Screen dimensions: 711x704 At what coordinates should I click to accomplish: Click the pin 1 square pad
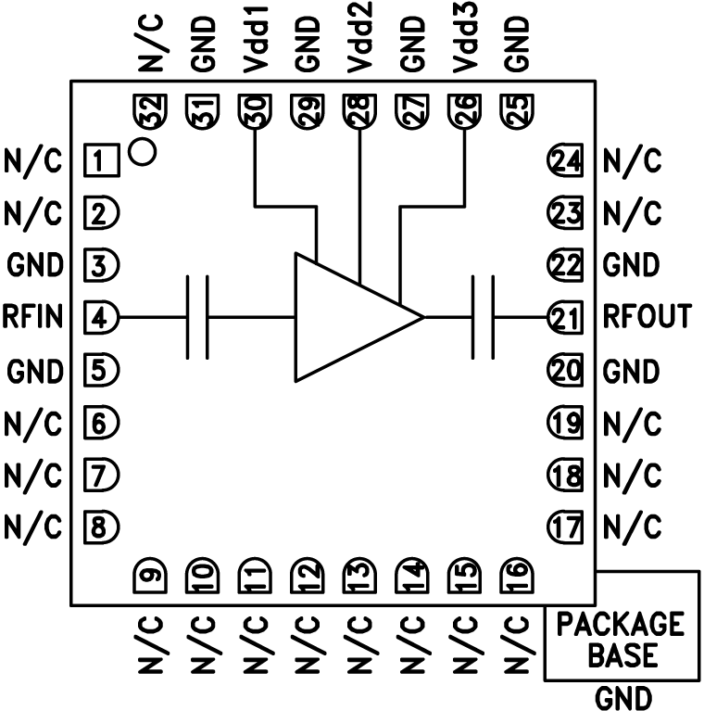102,160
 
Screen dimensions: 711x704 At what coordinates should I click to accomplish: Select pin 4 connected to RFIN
102,318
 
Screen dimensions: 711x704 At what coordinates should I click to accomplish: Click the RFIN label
32,318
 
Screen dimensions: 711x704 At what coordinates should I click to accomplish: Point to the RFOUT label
647,318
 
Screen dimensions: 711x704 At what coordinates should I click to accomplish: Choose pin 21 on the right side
564,318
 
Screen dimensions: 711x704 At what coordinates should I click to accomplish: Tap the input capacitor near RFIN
198,317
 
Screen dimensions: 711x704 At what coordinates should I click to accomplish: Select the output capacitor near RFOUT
484,317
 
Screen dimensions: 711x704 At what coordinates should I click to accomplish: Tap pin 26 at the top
464,113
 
